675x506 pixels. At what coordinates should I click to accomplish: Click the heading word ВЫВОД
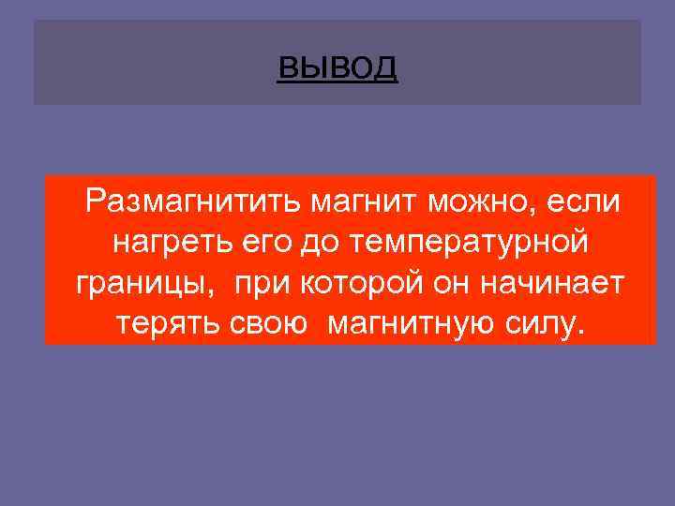point(337,67)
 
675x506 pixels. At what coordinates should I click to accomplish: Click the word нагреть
point(170,243)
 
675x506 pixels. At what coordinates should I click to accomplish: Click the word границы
point(142,284)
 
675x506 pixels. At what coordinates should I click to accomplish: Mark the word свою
point(268,325)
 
